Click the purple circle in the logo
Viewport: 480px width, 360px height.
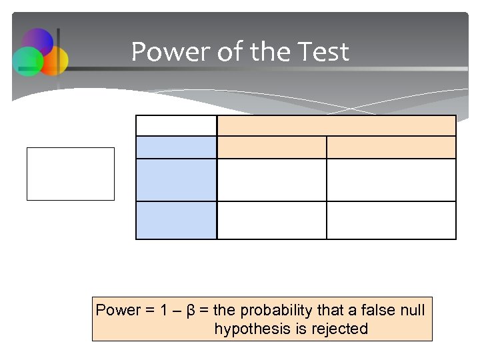(38, 41)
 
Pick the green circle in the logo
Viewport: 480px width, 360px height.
(27, 61)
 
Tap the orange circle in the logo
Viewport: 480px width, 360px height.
(55, 60)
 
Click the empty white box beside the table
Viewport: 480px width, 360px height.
(71, 174)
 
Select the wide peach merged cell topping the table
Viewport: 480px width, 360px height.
(337, 125)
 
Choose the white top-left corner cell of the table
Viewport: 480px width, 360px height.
(176, 125)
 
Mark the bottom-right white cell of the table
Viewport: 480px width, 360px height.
(391, 220)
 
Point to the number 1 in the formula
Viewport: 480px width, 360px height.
(165, 311)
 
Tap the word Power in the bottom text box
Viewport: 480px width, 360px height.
(119, 311)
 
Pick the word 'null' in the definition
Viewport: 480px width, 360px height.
(413, 311)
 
